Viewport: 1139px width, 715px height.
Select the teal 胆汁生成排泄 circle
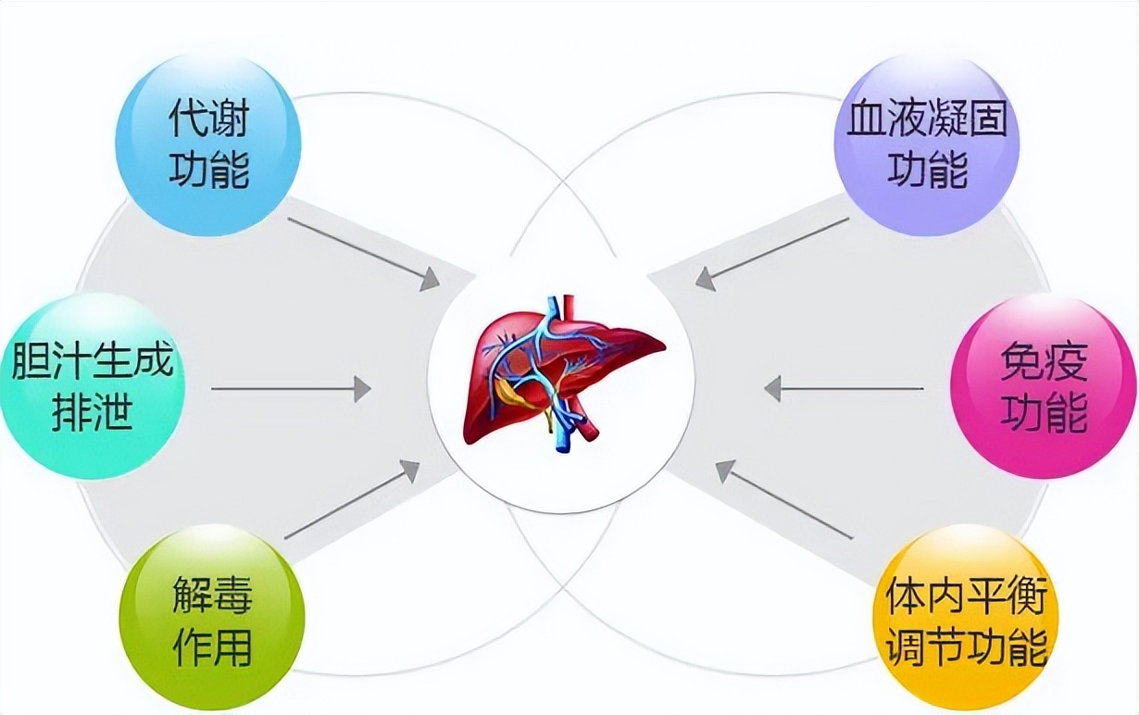(x=93, y=386)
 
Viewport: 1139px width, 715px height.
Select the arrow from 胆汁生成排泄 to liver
(x=291, y=388)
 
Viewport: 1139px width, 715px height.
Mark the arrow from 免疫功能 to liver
(x=844, y=388)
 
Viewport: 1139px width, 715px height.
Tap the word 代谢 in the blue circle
(x=208, y=119)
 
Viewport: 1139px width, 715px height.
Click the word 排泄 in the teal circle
(x=93, y=412)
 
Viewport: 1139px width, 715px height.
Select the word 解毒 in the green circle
(x=212, y=593)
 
